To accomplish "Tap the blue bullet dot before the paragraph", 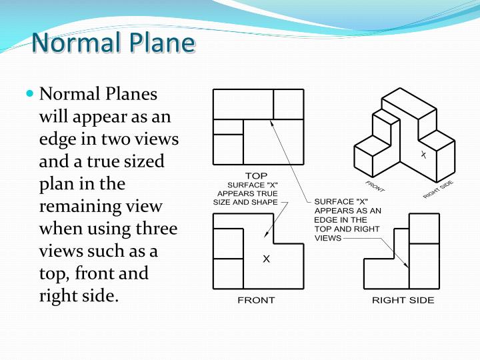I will pyautogui.click(x=29, y=94).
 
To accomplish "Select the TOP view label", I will pyautogui.click(x=256, y=175).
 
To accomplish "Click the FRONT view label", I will pyautogui.click(x=256, y=300).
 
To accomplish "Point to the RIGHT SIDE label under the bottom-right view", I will pyautogui.click(x=403, y=300).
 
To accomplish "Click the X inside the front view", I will pyautogui.click(x=266, y=259).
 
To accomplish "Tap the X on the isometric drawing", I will pyautogui.click(x=423, y=155).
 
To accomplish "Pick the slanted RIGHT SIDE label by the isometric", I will pyautogui.click(x=438, y=189).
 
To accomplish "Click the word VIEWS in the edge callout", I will pyautogui.click(x=327, y=238).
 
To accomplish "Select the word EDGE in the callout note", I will pyautogui.click(x=327, y=219).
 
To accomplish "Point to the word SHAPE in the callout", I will pyautogui.click(x=265, y=202).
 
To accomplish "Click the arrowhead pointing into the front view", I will pyautogui.click(x=267, y=235).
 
